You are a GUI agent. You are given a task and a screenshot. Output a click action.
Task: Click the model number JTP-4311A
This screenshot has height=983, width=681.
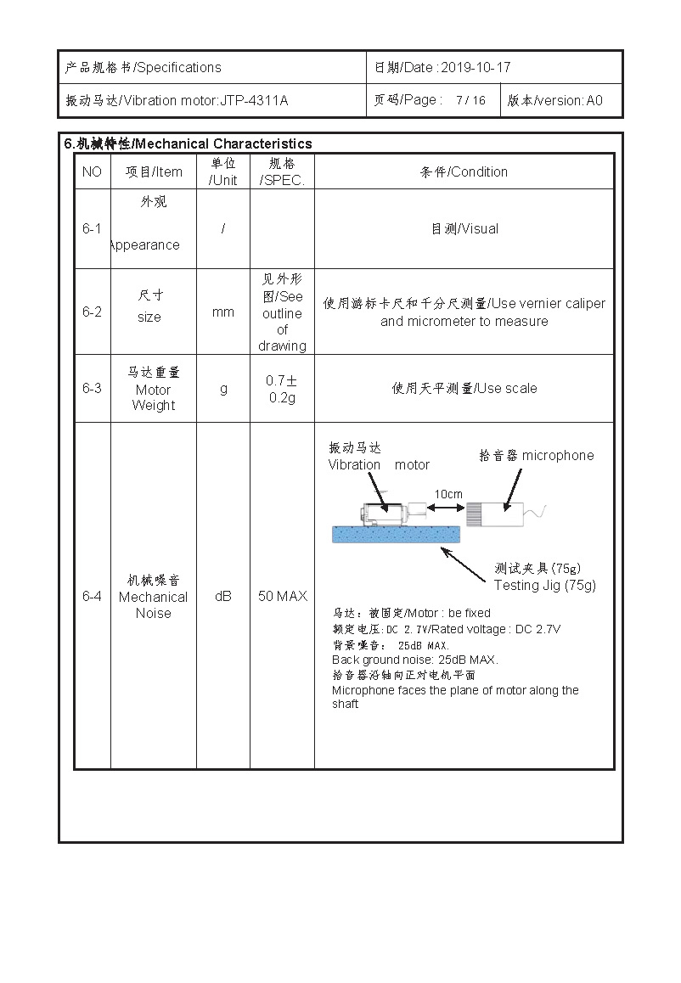tap(254, 101)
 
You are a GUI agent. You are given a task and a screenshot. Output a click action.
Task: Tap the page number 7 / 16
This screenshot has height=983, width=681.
tap(470, 100)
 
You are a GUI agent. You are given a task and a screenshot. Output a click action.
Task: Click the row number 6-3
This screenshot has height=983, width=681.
tap(92, 388)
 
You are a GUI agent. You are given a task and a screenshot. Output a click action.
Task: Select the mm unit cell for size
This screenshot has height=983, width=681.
tap(223, 312)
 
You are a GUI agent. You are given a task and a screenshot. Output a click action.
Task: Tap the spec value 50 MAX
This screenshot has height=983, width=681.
tap(282, 596)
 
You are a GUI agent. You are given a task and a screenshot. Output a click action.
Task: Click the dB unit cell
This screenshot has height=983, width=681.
tap(223, 596)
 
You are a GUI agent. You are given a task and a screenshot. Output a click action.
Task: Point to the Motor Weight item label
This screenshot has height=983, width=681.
tap(154, 397)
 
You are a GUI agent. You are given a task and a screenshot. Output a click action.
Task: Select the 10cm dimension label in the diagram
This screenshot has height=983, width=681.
tap(448, 494)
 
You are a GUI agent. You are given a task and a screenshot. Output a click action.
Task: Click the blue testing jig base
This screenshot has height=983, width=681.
tap(394, 533)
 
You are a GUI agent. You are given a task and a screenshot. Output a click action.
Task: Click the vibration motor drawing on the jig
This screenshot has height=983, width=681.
tap(386, 514)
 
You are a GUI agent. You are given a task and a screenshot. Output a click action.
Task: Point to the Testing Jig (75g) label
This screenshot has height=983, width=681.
tap(544, 585)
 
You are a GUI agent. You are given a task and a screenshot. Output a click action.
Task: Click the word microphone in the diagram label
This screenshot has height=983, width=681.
tap(558, 455)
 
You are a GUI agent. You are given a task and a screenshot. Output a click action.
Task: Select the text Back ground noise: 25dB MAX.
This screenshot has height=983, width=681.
tap(414, 660)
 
